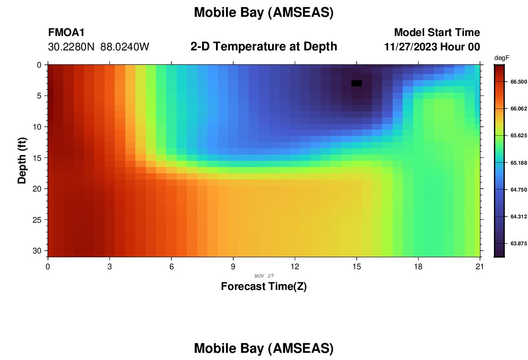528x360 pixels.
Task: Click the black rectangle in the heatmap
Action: point(357,83)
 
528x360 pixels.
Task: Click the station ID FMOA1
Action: point(66,32)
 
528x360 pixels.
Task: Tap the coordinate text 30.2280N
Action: point(71,47)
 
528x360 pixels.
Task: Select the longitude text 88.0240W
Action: point(125,47)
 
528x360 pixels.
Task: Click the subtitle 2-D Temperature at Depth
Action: point(264,47)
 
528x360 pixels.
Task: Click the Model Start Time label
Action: point(437,32)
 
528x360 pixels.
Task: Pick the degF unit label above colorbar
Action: point(502,58)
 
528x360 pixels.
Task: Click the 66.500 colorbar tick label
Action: point(518,82)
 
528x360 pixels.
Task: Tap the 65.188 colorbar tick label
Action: point(518,163)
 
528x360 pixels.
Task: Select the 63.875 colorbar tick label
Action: point(518,243)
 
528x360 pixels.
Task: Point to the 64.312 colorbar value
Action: point(518,216)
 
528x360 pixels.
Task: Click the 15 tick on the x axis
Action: point(357,267)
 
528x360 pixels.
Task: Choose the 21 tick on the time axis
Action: point(480,267)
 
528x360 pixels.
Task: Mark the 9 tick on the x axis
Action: point(233,267)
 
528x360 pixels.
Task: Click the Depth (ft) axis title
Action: point(22,160)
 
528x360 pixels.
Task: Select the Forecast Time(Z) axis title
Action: point(264,286)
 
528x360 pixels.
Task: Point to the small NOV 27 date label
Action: point(264,276)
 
